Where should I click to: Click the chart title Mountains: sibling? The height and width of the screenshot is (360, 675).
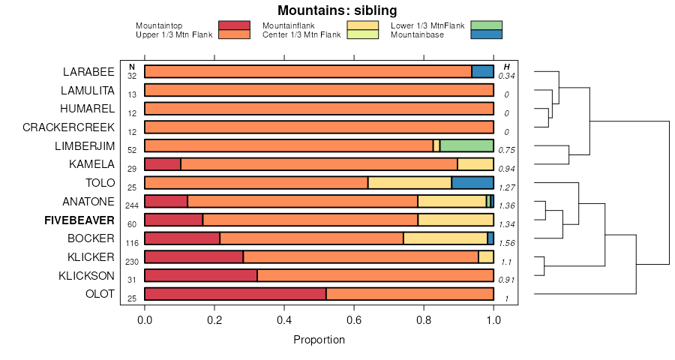click(337, 10)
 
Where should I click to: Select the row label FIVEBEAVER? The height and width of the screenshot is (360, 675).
click(79, 220)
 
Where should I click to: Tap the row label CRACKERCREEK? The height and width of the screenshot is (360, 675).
click(68, 127)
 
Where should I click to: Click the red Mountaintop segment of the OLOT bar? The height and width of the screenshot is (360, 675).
click(235, 294)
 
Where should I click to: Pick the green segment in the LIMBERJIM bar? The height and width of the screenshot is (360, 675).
click(466, 145)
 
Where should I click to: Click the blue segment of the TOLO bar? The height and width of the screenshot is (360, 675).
click(472, 182)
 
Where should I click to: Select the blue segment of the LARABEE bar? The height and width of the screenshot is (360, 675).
click(482, 71)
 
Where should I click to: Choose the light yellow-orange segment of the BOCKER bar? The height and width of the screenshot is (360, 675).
click(445, 238)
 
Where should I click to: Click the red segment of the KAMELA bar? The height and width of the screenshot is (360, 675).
click(162, 164)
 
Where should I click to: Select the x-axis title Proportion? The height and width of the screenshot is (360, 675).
click(319, 340)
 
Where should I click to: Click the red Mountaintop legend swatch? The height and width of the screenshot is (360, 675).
click(234, 25)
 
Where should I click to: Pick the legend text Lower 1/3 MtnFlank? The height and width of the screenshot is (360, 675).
click(427, 25)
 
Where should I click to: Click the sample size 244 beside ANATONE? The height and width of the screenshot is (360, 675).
click(132, 205)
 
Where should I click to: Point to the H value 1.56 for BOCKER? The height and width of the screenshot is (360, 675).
click(507, 243)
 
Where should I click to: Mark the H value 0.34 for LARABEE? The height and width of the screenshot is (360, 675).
click(507, 76)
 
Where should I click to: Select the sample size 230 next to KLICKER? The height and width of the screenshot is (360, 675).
click(132, 261)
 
